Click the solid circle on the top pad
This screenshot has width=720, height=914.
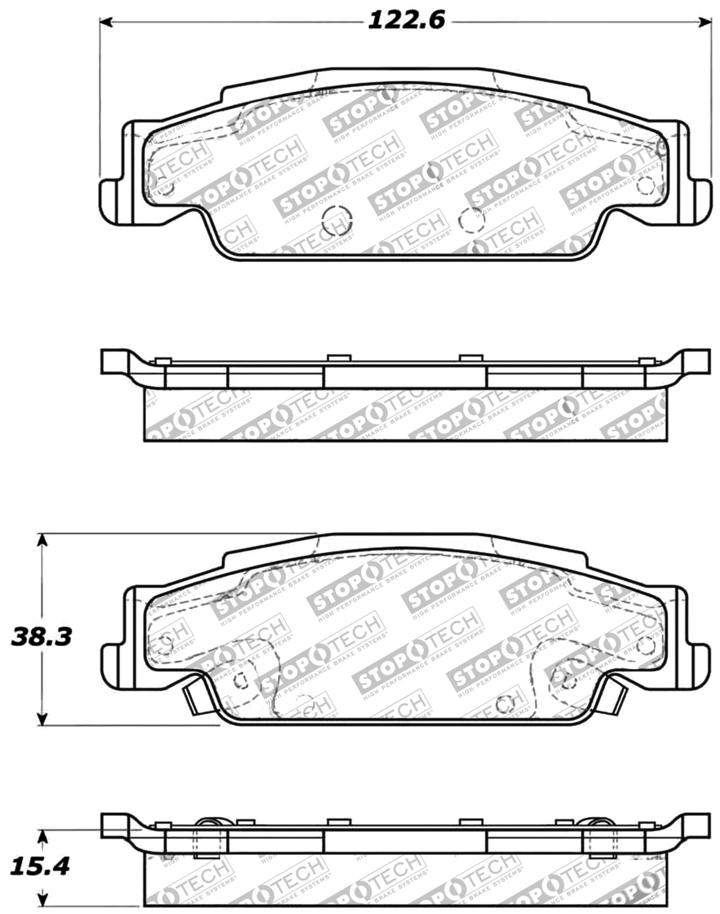pyautogui.click(x=337, y=219)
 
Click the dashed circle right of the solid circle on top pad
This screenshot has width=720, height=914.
pyautogui.click(x=470, y=220)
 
